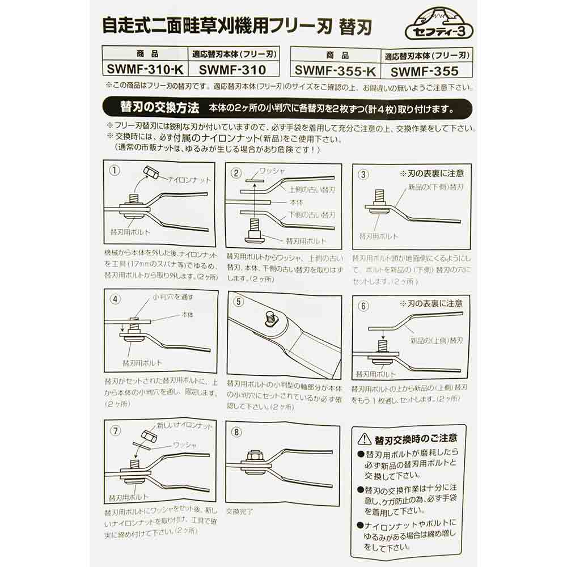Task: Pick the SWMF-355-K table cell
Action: (335, 71)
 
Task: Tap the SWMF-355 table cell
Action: (424, 71)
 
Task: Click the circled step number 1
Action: (115, 171)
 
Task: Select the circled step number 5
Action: (239, 302)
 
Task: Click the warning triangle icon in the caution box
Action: (364, 438)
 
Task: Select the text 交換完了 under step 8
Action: (239, 511)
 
